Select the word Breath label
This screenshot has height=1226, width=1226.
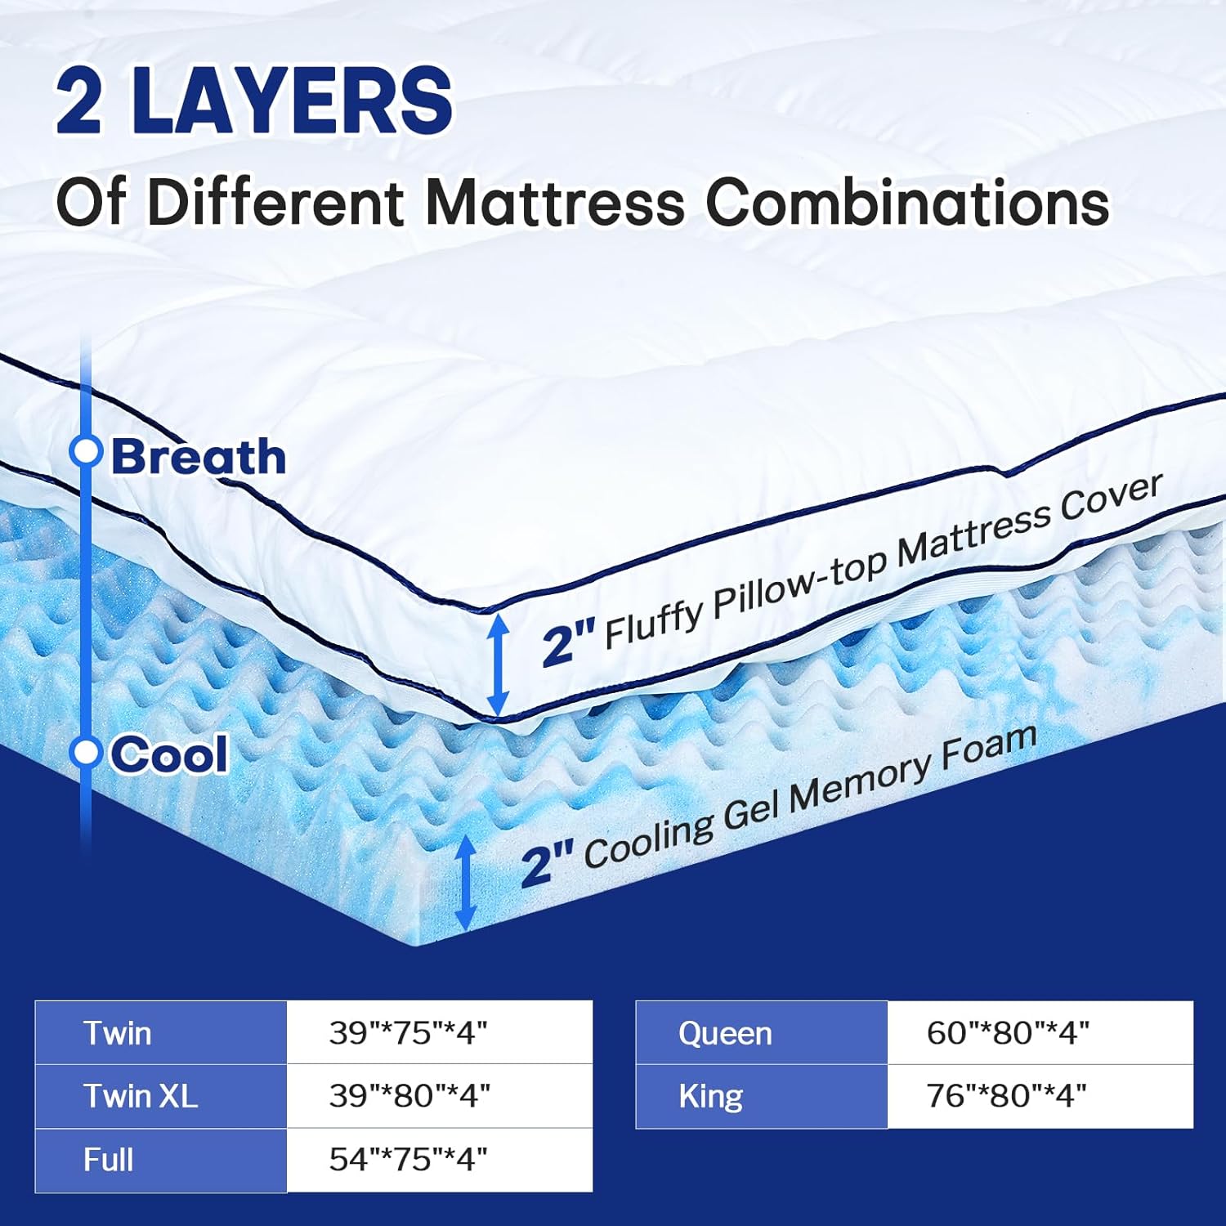point(199,456)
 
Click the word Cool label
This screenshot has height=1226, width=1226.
point(169,754)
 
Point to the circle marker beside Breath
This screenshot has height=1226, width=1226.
point(85,450)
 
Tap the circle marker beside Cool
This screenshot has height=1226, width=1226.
point(85,752)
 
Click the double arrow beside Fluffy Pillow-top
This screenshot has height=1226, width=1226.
point(498,664)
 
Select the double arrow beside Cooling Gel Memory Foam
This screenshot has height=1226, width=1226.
point(465,883)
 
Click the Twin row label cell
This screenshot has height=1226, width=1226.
point(161,1032)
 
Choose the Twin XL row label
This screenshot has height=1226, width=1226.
point(161,1096)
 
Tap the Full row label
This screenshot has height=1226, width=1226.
point(161,1161)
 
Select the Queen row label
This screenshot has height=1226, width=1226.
point(762,1033)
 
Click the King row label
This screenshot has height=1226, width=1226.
point(762,1097)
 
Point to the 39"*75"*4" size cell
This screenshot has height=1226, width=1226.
point(440,1032)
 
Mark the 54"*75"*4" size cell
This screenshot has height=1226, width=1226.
point(440,1161)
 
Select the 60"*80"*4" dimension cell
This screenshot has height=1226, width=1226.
point(1040,1033)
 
